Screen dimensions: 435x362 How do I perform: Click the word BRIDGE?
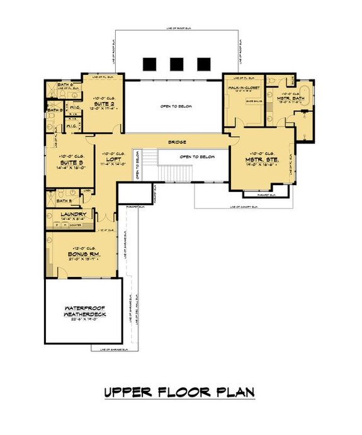177,143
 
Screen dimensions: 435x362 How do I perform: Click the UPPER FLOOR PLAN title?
179,392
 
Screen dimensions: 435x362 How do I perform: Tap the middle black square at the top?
177,64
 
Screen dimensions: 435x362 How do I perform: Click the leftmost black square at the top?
150,64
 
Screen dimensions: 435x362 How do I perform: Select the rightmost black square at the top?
203,64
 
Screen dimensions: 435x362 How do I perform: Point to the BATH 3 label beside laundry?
55,202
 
